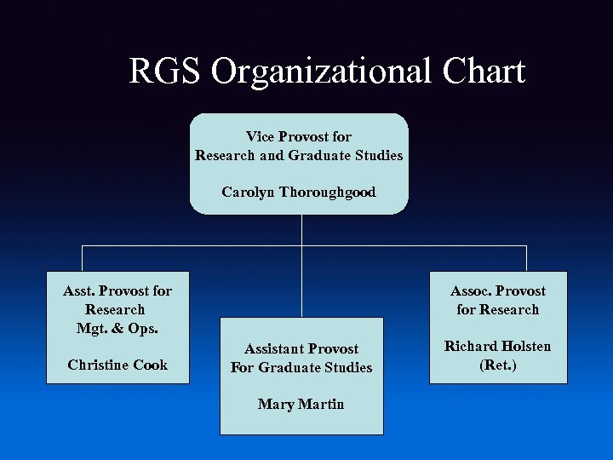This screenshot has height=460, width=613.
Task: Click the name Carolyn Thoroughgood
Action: coord(298,192)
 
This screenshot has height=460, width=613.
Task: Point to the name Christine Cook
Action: coord(117,365)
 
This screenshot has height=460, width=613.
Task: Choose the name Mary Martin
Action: coord(301,404)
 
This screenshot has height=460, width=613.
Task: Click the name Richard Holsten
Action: coord(497,347)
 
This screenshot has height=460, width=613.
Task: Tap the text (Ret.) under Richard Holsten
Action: coord(498,365)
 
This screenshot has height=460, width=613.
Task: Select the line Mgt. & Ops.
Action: coord(116,328)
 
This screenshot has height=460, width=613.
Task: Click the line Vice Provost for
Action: coord(299,136)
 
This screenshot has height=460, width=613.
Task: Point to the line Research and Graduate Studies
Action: coord(299,155)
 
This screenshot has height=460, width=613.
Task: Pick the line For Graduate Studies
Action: coord(301,367)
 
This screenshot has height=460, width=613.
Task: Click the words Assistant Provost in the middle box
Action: coord(301,348)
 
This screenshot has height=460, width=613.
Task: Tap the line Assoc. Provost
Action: coord(498,290)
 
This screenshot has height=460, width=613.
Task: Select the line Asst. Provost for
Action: coord(117,290)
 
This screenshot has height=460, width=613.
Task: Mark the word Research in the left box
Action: coord(116,309)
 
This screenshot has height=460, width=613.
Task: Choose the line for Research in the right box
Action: coord(498,309)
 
